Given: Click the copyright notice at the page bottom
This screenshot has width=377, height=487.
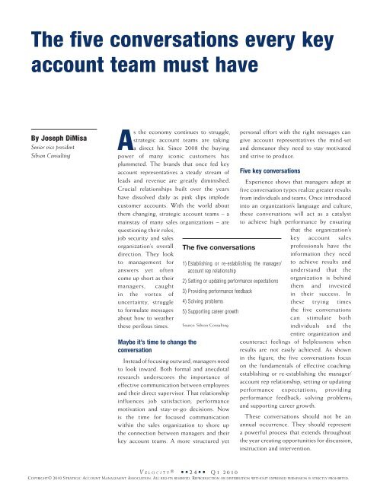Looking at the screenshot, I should [x=188, y=480].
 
